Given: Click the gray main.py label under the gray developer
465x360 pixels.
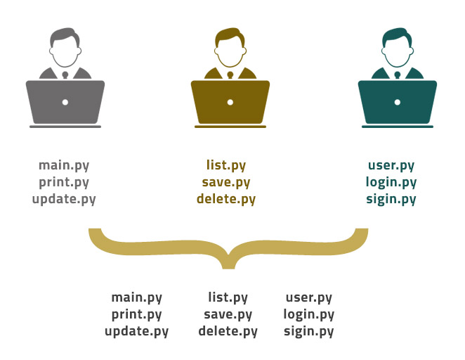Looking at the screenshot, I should point(64,166).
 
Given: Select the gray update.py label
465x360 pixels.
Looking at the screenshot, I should point(64,199).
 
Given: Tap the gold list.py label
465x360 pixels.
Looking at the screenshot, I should point(226,166).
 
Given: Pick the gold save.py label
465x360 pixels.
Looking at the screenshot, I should point(226,182).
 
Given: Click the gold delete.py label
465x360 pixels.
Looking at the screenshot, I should point(226,199).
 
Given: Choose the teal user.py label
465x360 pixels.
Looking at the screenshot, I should point(391,166).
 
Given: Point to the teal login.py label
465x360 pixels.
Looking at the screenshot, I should point(391,182).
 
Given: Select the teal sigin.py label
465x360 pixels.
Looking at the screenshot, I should point(391,199).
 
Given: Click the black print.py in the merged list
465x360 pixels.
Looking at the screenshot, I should point(136,314).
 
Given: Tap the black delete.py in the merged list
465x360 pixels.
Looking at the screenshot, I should point(228,331).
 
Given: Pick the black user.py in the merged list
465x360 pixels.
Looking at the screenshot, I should point(309,297).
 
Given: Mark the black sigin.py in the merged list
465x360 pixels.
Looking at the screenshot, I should point(309,331).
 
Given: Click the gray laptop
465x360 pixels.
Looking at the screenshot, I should point(65,103).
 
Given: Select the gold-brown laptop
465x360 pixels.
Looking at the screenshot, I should point(230,103).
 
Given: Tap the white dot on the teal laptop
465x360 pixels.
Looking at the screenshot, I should point(398,103).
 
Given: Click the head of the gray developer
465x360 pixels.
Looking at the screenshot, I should point(65,49).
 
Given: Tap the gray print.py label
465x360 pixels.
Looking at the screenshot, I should point(64,182).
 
